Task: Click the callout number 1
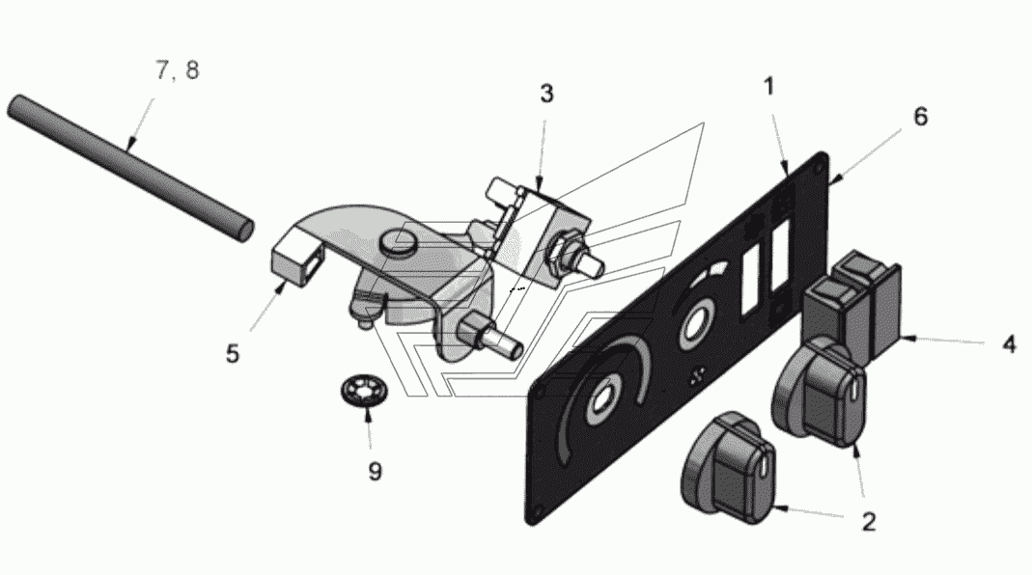(x=768, y=87)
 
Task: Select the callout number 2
(x=868, y=522)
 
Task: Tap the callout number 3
(x=546, y=95)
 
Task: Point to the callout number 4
(x=1008, y=344)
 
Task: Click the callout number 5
(x=233, y=354)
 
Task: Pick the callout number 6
(x=920, y=117)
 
